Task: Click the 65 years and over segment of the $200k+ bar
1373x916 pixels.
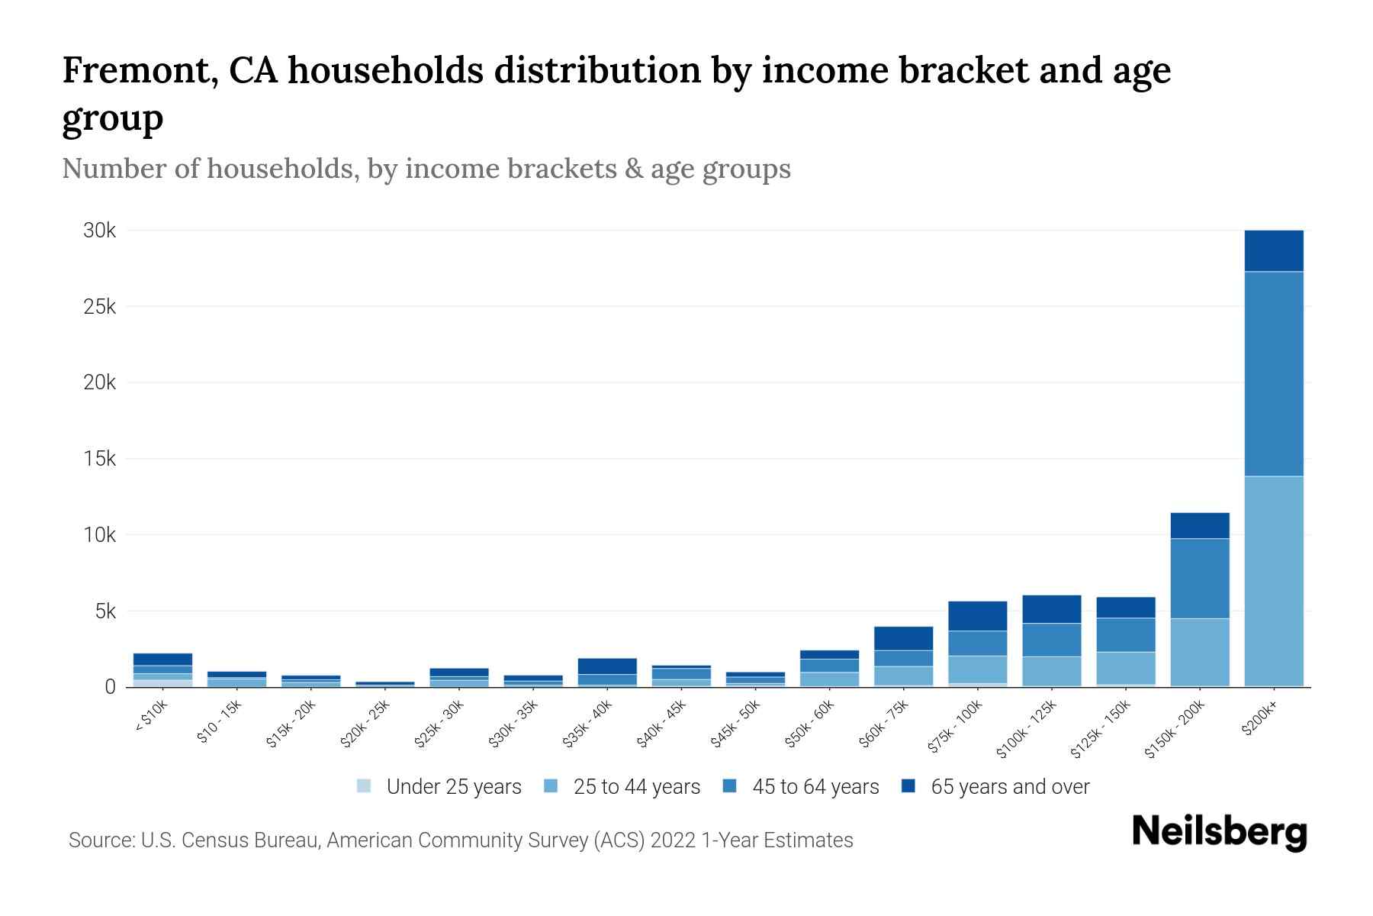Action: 1273,250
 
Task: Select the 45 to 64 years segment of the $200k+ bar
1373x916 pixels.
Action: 1273,374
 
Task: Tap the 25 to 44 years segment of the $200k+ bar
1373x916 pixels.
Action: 1273,580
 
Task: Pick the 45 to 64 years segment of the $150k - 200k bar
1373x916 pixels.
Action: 1200,578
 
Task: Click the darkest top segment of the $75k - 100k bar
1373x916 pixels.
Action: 977,616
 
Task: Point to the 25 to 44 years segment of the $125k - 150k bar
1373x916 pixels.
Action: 1125,668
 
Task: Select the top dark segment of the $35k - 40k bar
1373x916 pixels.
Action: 607,666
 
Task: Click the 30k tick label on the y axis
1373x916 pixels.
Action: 100,231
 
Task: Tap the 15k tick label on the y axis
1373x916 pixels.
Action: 100,459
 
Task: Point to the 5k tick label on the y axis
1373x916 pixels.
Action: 105,611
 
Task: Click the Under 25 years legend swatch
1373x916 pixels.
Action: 364,786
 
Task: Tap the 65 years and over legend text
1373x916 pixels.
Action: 1010,787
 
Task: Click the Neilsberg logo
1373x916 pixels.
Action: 1219,832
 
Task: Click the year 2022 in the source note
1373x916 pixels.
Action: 673,840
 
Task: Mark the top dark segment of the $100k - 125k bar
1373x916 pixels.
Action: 1051,609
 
